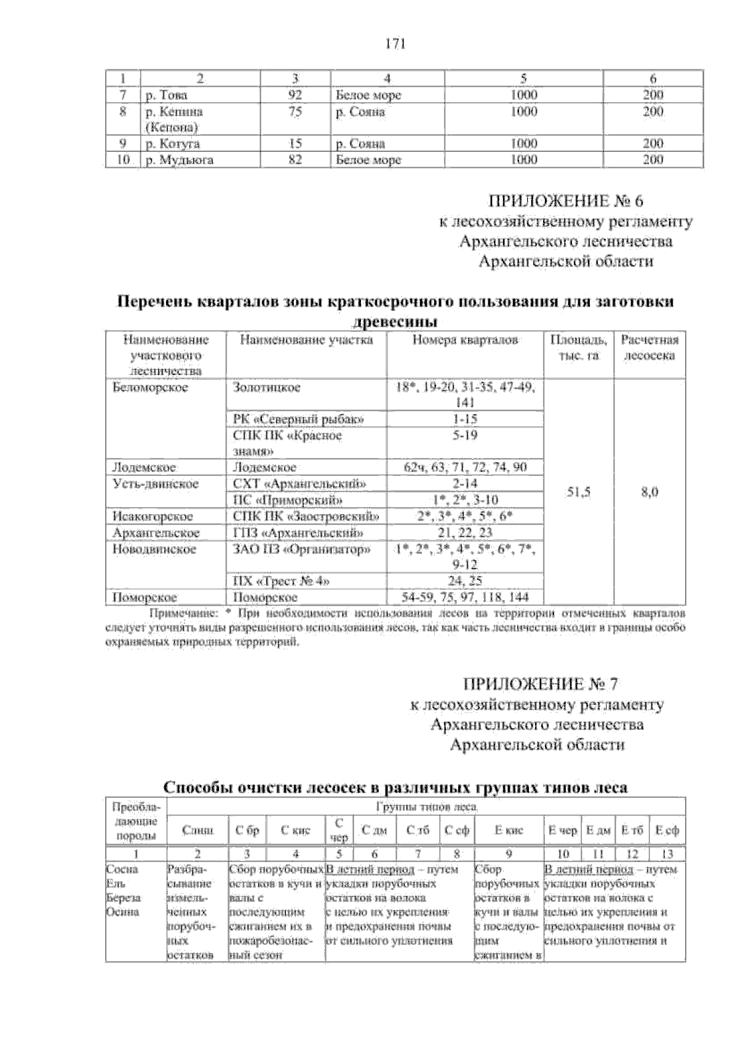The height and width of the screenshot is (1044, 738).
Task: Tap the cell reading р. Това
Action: pos(167,95)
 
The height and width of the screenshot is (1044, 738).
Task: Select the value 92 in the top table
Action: pos(296,95)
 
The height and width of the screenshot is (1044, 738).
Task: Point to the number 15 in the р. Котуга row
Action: pos(296,144)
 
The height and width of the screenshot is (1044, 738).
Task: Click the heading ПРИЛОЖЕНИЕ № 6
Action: pos(565,201)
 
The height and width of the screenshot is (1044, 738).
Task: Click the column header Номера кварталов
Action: pos(465,340)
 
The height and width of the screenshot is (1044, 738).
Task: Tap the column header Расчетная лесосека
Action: pos(649,348)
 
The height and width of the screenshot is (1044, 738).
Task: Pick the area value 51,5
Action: pos(578,492)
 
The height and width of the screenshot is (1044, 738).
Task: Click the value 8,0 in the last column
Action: pos(649,492)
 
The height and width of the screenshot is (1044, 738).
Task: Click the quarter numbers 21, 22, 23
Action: pos(465,532)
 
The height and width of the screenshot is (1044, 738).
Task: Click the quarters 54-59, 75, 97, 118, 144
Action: pos(465,597)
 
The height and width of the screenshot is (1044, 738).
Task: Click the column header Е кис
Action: pos(509,831)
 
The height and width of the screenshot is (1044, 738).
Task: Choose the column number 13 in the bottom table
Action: pos(667,853)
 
